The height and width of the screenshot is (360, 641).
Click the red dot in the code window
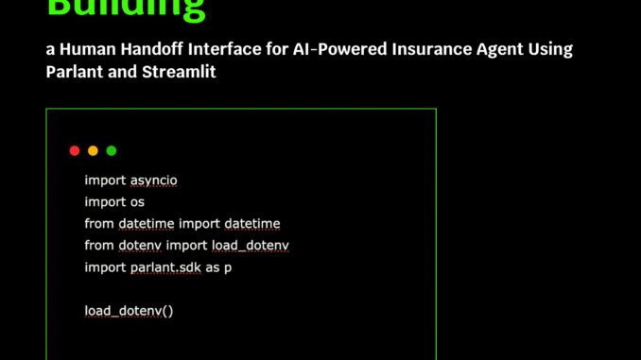click(75, 151)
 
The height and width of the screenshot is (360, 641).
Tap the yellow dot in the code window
click(93, 151)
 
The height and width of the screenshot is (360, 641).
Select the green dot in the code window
click(112, 151)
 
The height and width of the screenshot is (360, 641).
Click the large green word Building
click(126, 9)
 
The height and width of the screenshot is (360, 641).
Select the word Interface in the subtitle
click(220, 48)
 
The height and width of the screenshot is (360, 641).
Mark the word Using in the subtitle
click(546, 48)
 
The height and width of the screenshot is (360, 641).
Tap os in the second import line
click(136, 201)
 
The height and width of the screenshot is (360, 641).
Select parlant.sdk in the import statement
click(165, 267)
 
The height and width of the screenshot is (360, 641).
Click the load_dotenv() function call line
click(129, 310)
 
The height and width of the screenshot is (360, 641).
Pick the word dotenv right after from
click(140, 246)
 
